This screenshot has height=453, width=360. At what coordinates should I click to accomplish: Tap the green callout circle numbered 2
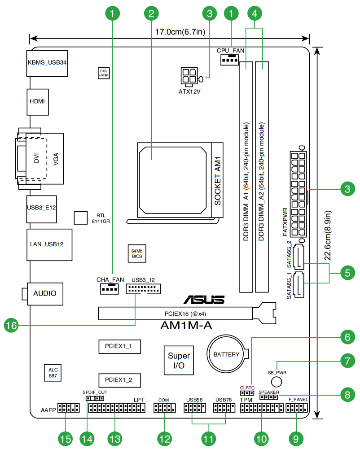151,13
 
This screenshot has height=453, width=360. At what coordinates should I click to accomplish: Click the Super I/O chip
179,361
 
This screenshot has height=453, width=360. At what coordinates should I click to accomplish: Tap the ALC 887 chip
53,373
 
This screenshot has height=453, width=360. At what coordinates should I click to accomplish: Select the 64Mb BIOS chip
137,253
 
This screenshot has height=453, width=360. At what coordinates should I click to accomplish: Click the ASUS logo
203,300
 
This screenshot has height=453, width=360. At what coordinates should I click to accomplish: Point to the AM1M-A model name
186,325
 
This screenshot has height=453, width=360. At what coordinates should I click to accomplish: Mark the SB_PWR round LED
277,381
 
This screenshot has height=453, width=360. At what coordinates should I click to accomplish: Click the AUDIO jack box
45,293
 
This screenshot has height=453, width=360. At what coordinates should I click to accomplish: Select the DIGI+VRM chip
104,73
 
